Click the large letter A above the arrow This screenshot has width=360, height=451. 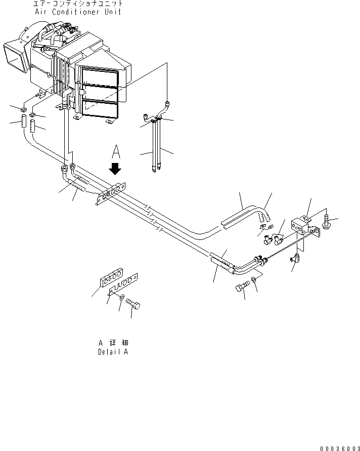coord(116,151)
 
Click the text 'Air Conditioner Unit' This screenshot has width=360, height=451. coord(77,12)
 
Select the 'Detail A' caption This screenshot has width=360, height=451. coord(113,352)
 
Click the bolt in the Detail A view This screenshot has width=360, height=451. coord(133,304)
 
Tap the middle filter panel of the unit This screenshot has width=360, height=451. coord(100,93)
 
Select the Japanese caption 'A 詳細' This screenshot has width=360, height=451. coord(113,343)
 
